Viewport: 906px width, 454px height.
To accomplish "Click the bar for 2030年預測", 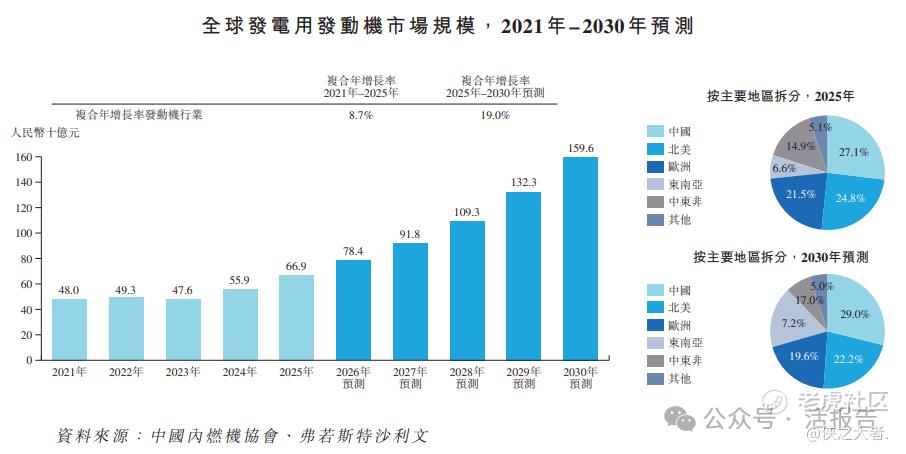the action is pyautogui.click(x=580, y=258).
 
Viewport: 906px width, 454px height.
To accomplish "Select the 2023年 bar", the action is pyautogui.click(x=183, y=329).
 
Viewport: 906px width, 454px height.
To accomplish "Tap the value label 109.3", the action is pyautogui.click(x=467, y=213).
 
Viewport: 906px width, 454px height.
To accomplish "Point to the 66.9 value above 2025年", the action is pyautogui.click(x=296, y=266).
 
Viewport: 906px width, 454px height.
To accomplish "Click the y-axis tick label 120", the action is pyautogui.click(x=25, y=207).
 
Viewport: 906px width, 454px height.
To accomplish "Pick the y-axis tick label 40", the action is pyautogui.click(x=27, y=309).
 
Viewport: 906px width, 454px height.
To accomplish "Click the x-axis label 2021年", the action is pyautogui.click(x=69, y=372).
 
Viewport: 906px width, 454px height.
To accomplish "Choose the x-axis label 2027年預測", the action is pyautogui.click(x=410, y=378).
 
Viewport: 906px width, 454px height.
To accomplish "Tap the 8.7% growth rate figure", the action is pyautogui.click(x=361, y=116).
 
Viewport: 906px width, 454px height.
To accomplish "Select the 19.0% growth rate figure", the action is pyautogui.click(x=495, y=116).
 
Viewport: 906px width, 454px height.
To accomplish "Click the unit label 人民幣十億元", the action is pyautogui.click(x=45, y=133).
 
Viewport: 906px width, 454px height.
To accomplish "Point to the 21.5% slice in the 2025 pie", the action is pyautogui.click(x=799, y=199).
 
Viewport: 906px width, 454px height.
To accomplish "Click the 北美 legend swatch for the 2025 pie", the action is pyautogui.click(x=655, y=149).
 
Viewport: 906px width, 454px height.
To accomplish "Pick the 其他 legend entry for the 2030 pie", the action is pyautogui.click(x=669, y=379).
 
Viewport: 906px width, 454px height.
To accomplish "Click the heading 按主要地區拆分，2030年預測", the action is pyautogui.click(x=781, y=257).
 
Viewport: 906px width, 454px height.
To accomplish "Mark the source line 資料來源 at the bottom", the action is pyautogui.click(x=242, y=436).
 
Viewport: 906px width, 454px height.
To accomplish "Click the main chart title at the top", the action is pyautogui.click(x=448, y=26).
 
